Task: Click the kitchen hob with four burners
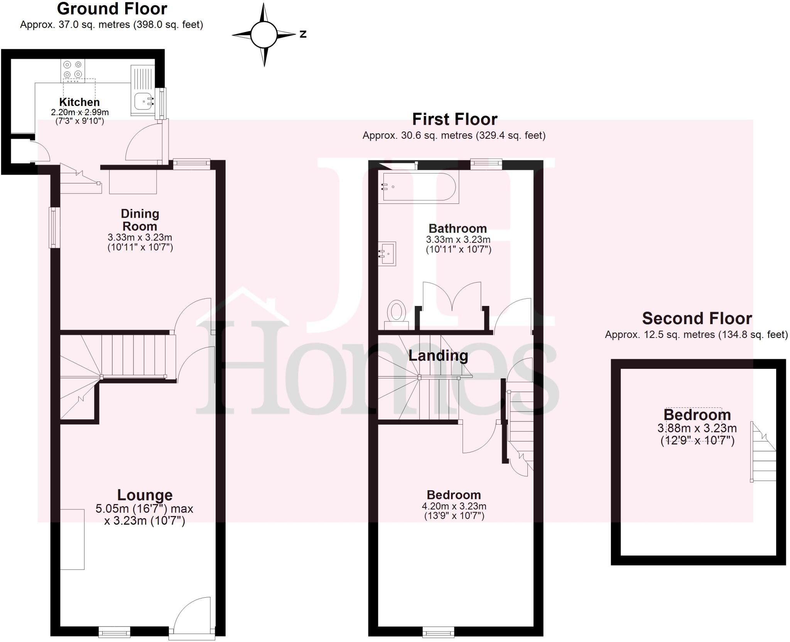[x=73, y=69]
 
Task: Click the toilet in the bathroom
[x=397, y=314]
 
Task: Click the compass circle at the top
[x=264, y=35]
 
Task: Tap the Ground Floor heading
[x=112, y=8]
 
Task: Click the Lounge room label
[x=145, y=495]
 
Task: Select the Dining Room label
[x=140, y=220]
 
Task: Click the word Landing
[x=438, y=355]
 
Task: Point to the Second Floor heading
[x=697, y=318]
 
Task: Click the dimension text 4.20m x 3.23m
[x=454, y=506]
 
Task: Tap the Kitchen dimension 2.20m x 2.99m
[x=80, y=113]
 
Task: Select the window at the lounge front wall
[x=114, y=632]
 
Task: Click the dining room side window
[x=54, y=227]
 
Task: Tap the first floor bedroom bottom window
[x=438, y=632]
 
